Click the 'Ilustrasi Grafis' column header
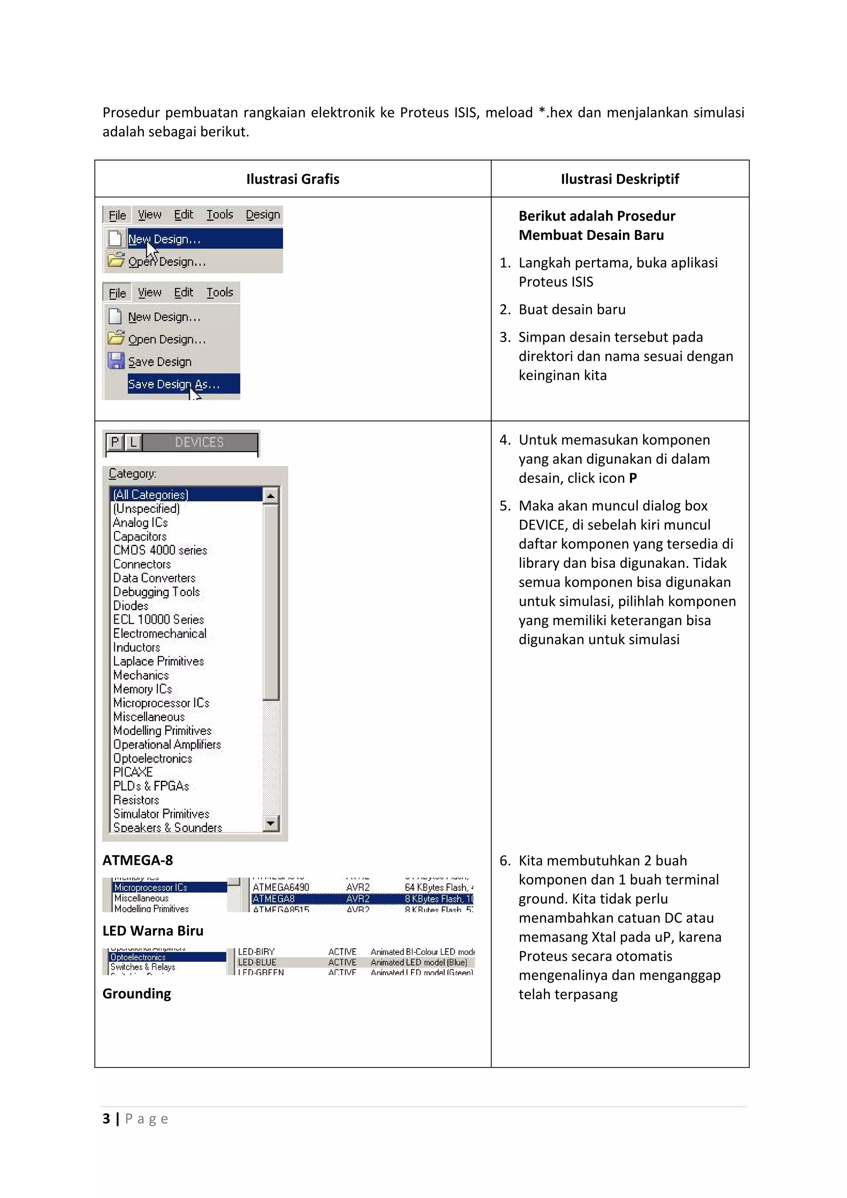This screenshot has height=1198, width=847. [x=292, y=179]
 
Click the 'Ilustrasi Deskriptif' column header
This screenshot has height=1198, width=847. [x=620, y=179]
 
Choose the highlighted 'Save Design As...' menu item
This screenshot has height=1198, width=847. [x=183, y=384]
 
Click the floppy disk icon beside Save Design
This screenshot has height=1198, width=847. [x=116, y=361]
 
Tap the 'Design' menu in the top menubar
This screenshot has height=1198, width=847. [x=263, y=215]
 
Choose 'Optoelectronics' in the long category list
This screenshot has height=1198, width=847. [x=152, y=758]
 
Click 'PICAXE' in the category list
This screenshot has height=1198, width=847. [x=133, y=772]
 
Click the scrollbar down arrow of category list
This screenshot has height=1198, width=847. [x=270, y=823]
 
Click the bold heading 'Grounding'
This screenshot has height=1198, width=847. [x=137, y=993]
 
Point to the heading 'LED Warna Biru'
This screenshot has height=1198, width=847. [x=153, y=931]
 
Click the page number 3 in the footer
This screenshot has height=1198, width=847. [x=106, y=1119]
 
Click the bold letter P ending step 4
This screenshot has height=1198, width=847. [x=632, y=478]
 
